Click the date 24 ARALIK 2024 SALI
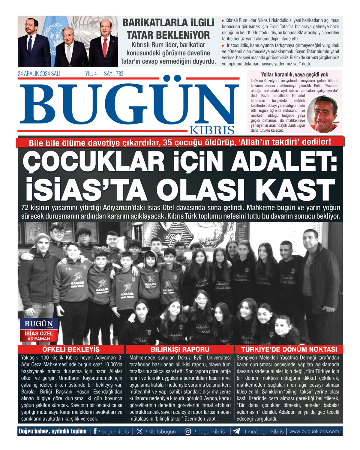39,74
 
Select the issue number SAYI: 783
114,74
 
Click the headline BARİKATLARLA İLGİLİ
168,23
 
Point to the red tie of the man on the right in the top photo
105,48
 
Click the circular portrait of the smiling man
324,114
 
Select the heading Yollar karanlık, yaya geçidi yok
295,75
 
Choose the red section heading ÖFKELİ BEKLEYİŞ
71,349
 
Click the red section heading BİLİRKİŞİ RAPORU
180,349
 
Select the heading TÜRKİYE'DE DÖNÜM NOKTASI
289,349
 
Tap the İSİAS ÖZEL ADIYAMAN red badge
39,336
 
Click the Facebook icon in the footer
95,431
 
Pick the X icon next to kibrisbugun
139,431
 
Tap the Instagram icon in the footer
188,431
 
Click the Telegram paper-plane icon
236,431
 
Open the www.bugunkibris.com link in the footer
314,431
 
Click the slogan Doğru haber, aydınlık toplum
53,431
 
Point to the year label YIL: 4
91,74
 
